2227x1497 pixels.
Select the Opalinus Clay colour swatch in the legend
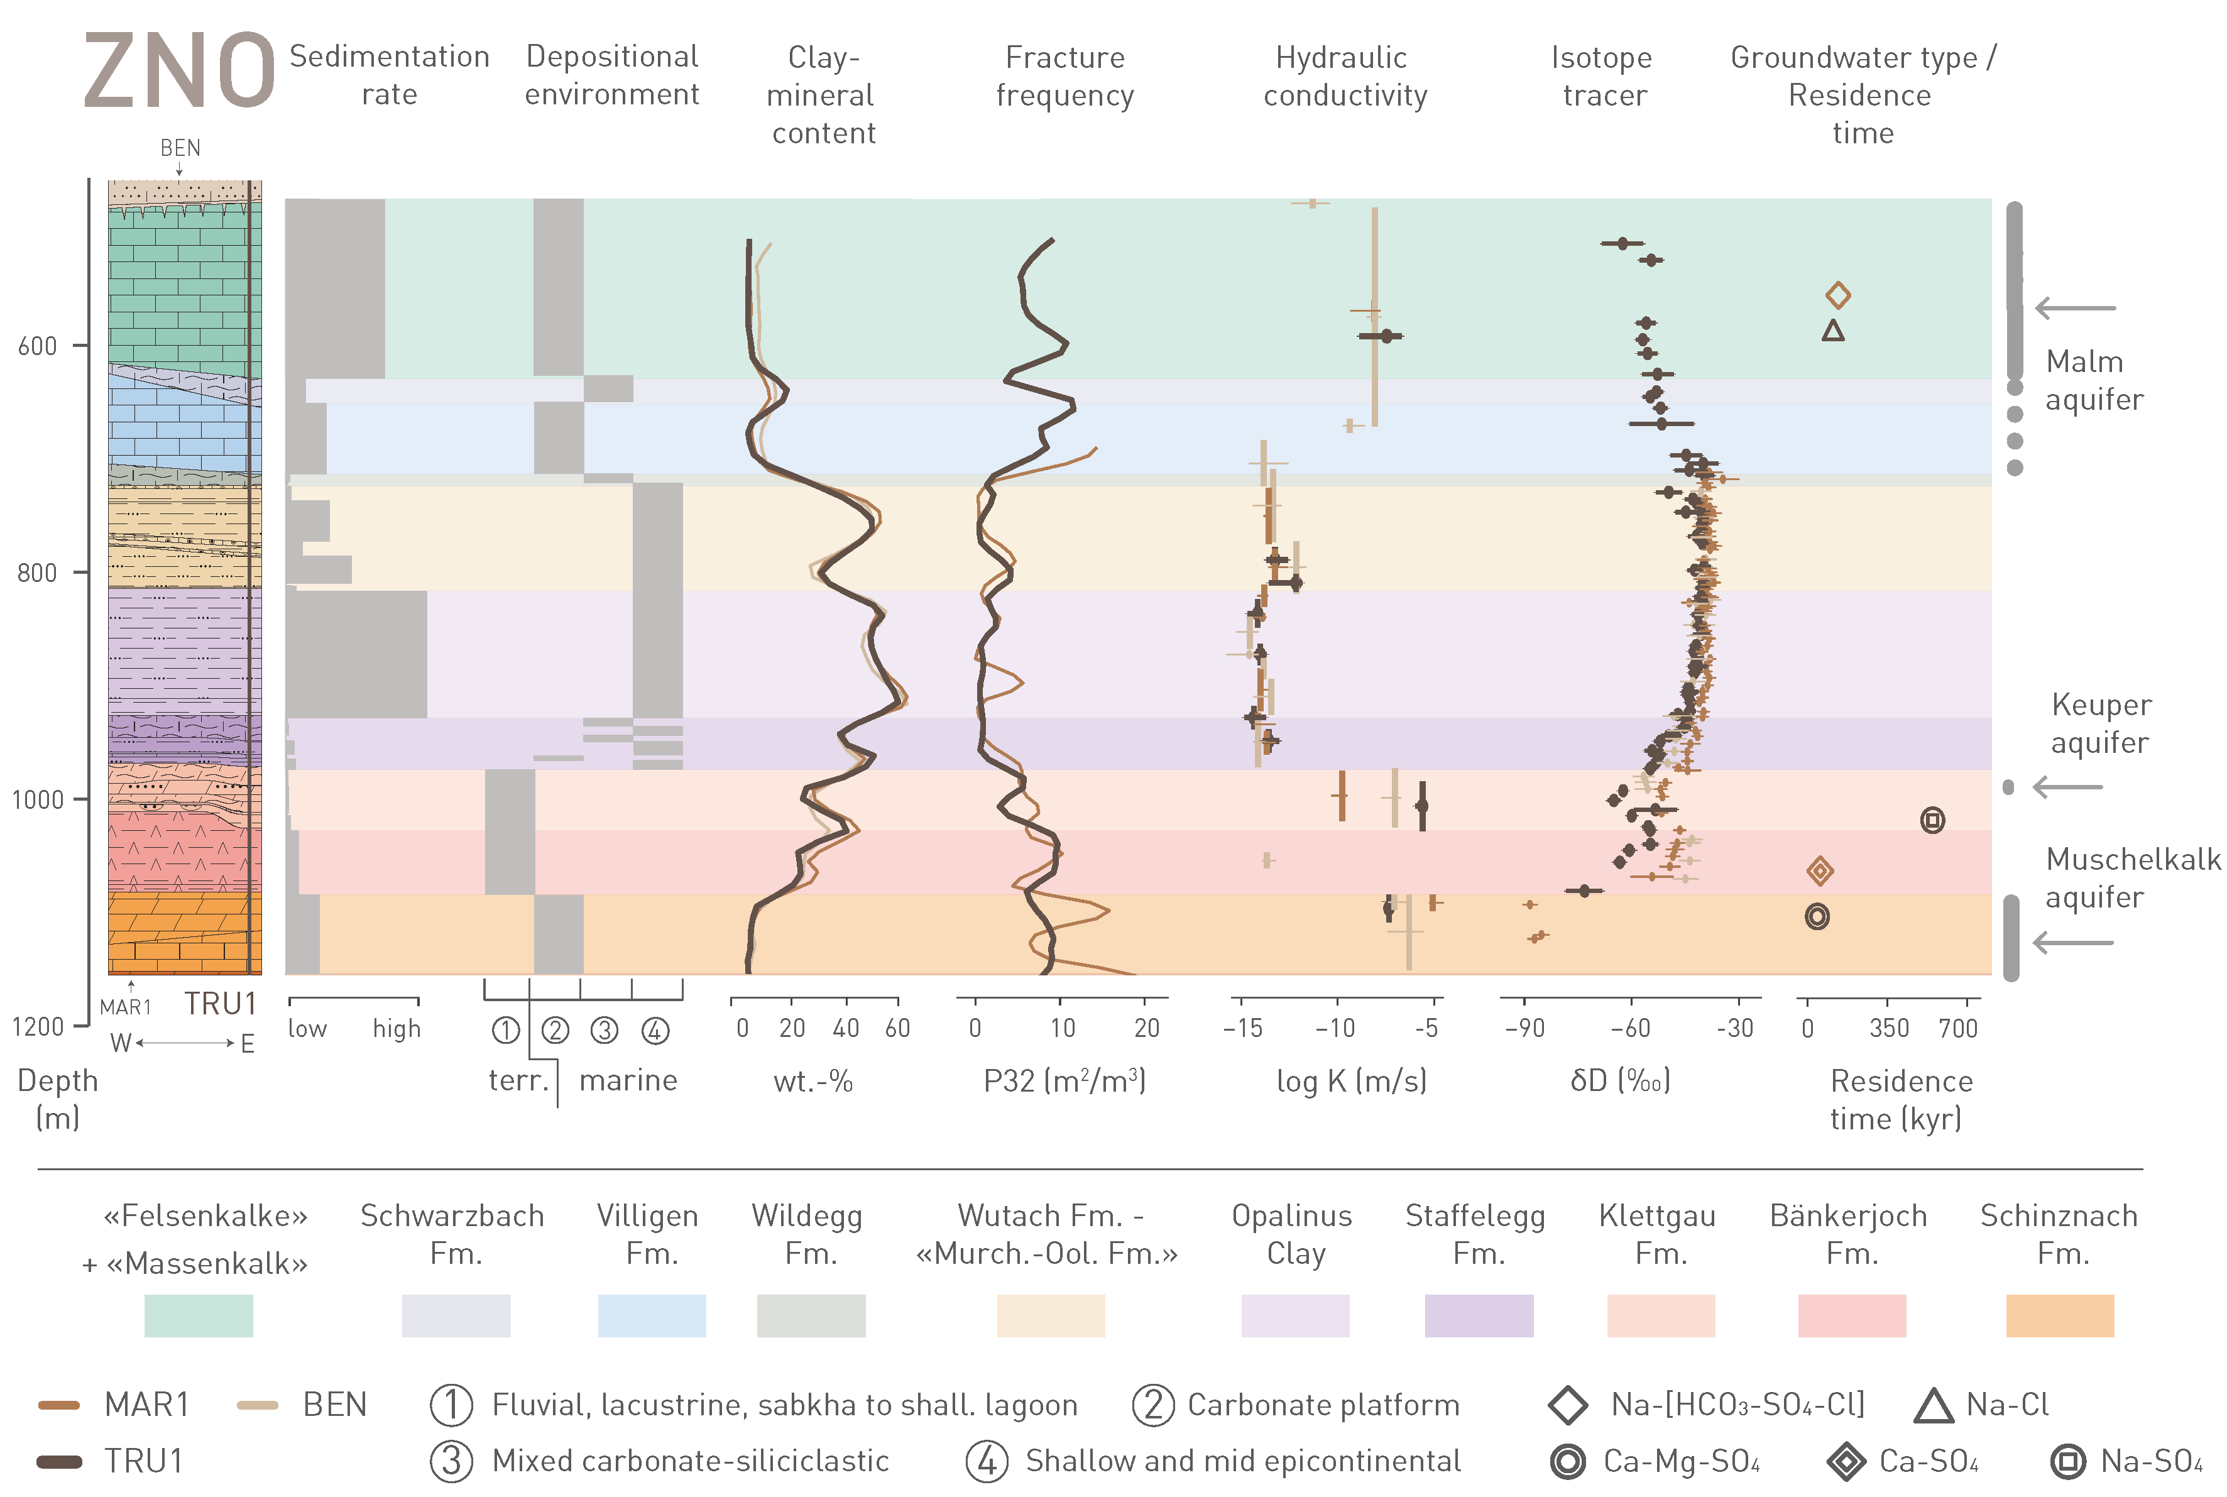click(x=1294, y=1315)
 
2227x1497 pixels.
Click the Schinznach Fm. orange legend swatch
click(x=2059, y=1315)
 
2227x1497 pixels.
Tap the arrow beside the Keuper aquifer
click(x=2067, y=787)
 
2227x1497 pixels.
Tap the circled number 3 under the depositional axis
click(x=605, y=1030)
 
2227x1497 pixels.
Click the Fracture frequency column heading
click(x=1064, y=77)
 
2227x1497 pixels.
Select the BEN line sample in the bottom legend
click(x=258, y=1405)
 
